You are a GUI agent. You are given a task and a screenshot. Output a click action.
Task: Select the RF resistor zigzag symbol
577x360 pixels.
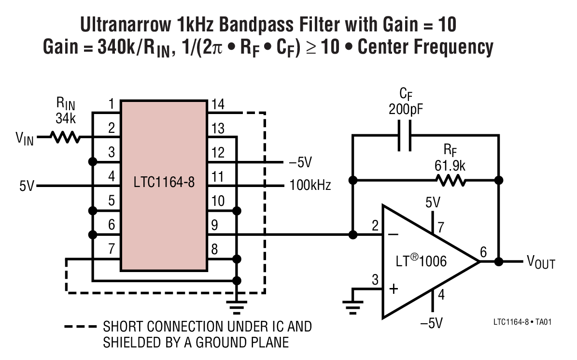(x=450, y=181)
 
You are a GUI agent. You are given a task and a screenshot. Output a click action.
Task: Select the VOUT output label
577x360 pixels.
(x=540, y=263)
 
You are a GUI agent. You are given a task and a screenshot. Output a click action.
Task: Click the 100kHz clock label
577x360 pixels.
(x=310, y=185)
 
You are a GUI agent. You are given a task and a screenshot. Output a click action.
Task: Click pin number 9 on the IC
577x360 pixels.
(x=215, y=225)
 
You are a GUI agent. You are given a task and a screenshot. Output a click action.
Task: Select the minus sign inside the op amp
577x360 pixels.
(x=393, y=235)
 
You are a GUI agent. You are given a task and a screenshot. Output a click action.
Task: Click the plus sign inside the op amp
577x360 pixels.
(x=394, y=289)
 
